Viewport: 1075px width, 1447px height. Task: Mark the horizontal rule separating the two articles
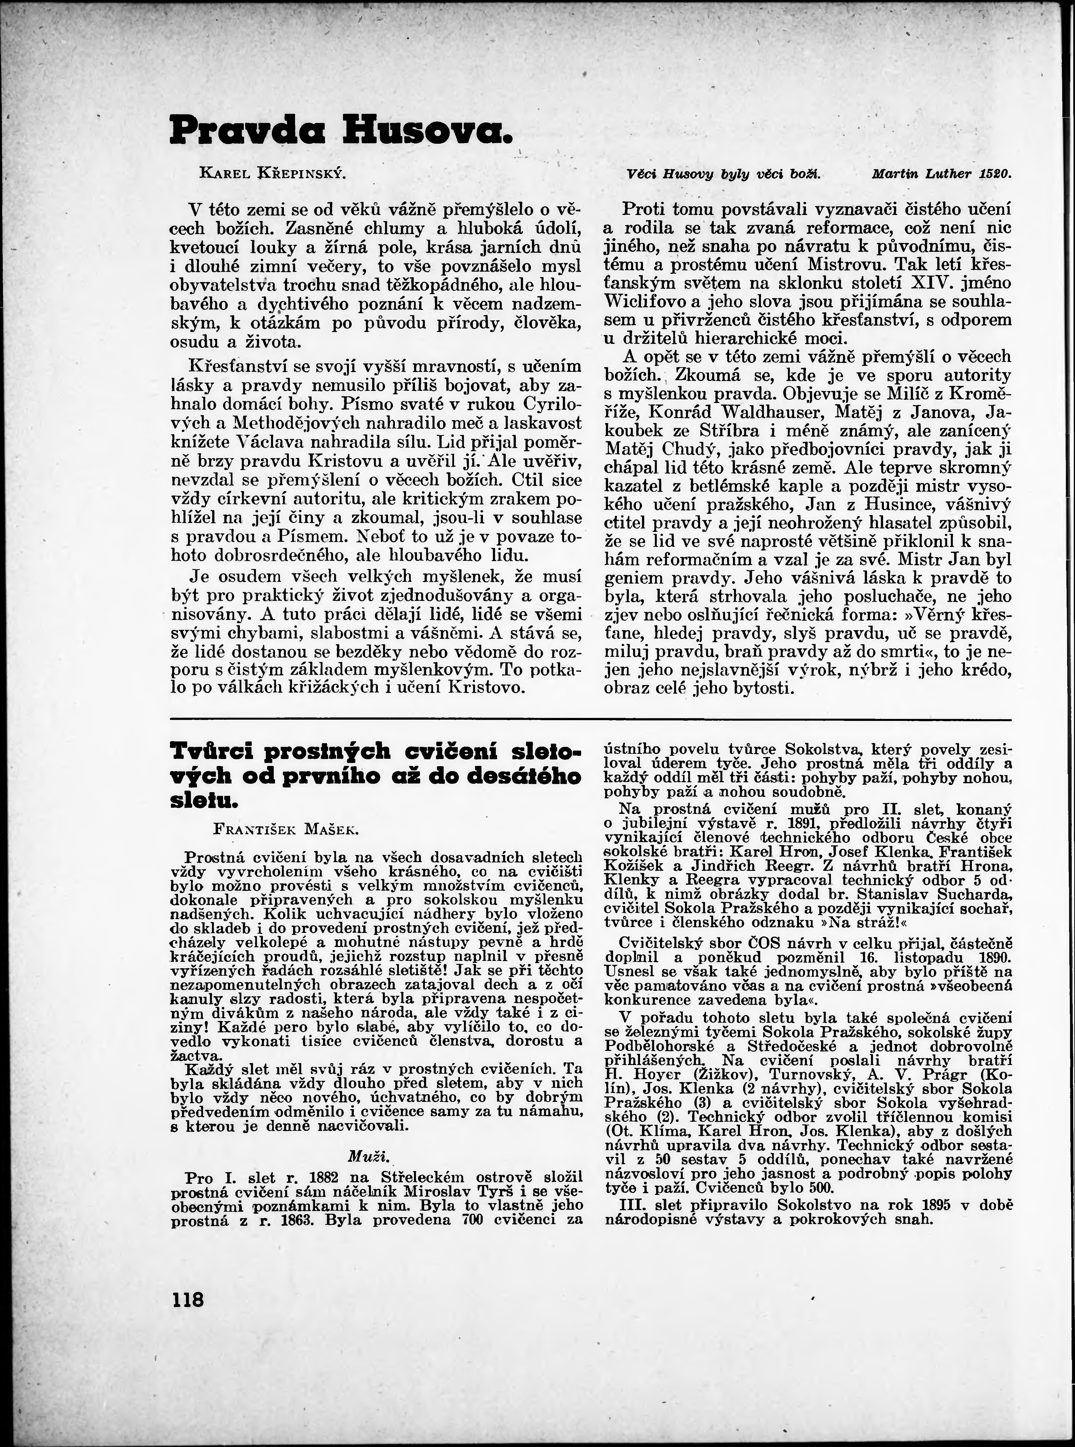coord(590,719)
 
